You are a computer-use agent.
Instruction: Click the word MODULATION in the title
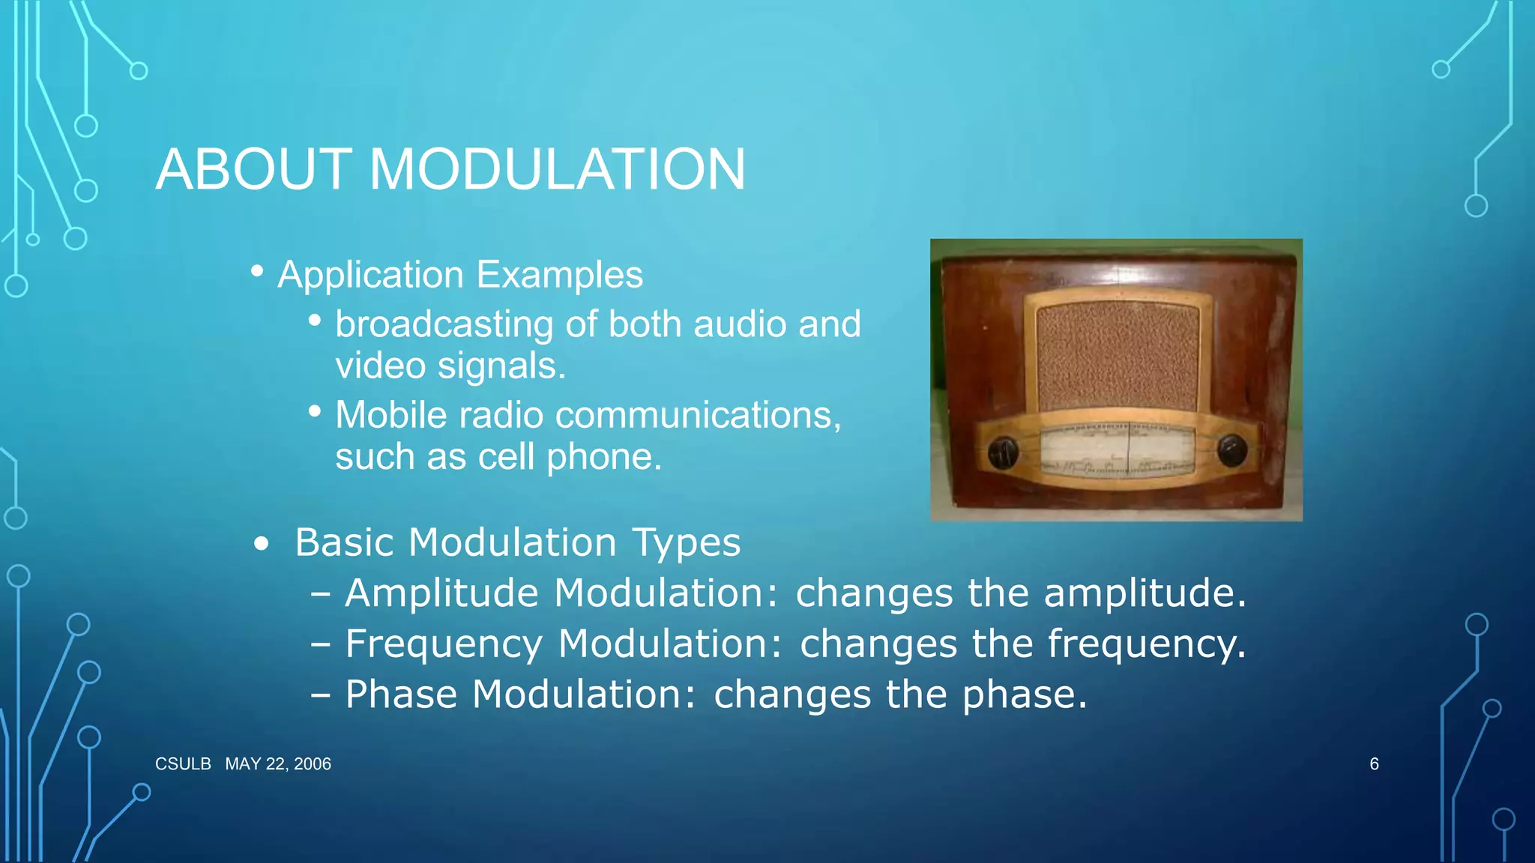pyautogui.click(x=557, y=169)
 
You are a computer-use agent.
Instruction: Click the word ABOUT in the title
pyautogui.click(x=253, y=169)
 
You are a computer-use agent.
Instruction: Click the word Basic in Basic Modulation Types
pyautogui.click(x=343, y=542)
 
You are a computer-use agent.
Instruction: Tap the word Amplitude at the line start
pyautogui.click(x=441, y=593)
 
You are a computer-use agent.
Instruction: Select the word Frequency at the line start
pyautogui.click(x=444, y=644)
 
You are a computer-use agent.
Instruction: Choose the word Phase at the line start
pyautogui.click(x=401, y=694)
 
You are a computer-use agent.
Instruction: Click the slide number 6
pyautogui.click(x=1374, y=764)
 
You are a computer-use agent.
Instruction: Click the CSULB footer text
pyautogui.click(x=183, y=764)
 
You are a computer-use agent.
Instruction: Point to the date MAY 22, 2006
pyautogui.click(x=278, y=764)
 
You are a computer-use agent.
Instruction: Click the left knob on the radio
pyautogui.click(x=1003, y=452)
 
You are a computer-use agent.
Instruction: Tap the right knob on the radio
pyautogui.click(x=1231, y=450)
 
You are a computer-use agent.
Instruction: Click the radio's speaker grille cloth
pyautogui.click(x=1117, y=356)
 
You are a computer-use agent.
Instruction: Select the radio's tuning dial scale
pyautogui.click(x=1117, y=449)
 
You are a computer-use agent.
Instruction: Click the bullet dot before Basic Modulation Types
pyautogui.click(x=260, y=544)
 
